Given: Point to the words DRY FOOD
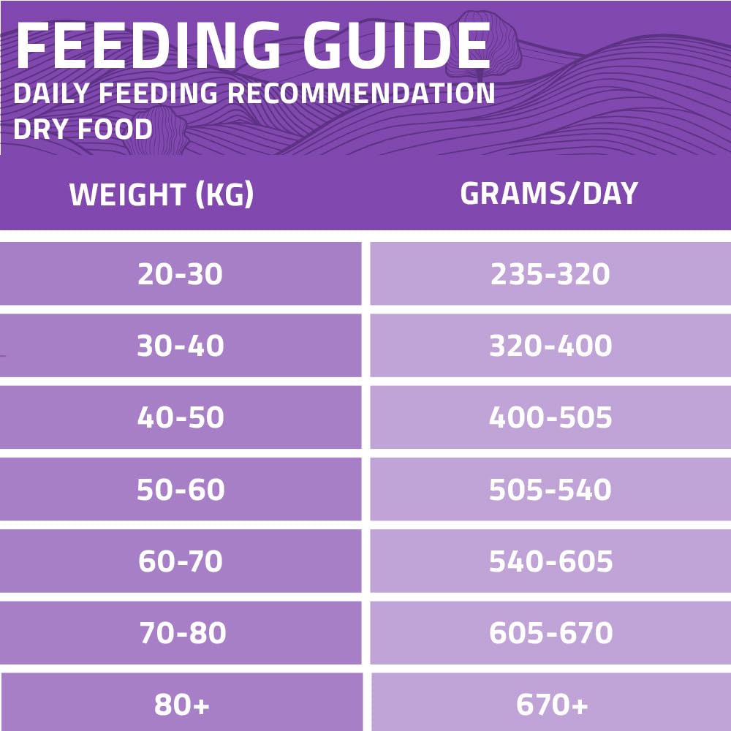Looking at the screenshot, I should pos(83,129).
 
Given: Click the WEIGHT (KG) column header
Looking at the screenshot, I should pos(162,195).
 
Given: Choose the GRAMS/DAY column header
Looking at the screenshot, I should pos(549,194).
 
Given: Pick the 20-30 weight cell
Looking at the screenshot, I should pos(180,274).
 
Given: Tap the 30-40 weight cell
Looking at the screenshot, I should pos(180,346).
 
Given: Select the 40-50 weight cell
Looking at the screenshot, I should pos(180,417).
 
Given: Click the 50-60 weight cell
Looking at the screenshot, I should pos(180,489).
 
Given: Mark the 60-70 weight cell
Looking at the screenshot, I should pos(180,561).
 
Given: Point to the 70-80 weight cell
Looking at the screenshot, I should pos(182,633).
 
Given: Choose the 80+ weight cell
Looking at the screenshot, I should pos(182,705).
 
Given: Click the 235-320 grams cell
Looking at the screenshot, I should pos(550,274).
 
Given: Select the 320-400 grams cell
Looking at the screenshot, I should pos(550,346).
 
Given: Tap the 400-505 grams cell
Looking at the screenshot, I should pos(550,417).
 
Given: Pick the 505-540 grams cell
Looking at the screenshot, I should pos(550,489).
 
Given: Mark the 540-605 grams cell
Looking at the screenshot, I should pos(550,561).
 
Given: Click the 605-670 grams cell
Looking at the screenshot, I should pos(550,633).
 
